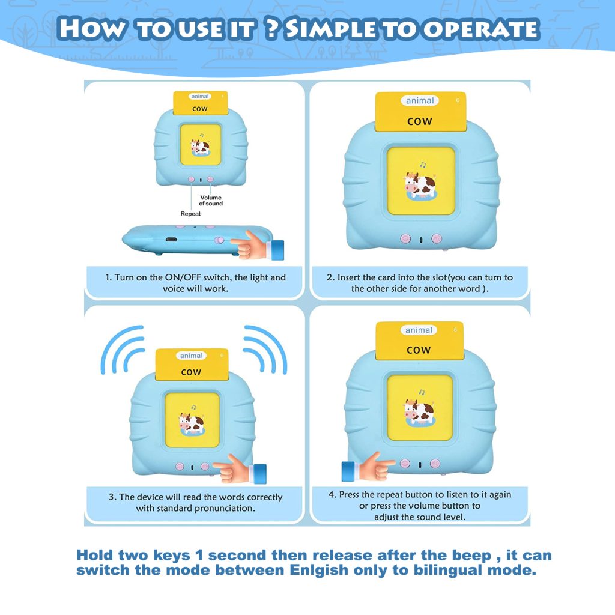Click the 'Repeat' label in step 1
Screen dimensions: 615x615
point(190,214)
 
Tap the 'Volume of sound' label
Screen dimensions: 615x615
point(211,201)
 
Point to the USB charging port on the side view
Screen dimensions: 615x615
point(171,239)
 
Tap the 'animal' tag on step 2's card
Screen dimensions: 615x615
point(420,101)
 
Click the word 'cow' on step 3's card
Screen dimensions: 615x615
point(191,372)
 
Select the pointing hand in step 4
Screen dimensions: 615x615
point(368,467)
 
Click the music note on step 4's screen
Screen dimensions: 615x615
point(422,392)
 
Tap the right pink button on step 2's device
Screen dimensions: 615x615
point(437,238)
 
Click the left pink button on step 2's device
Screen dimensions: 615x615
point(405,238)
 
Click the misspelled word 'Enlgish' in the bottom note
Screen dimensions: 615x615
point(319,570)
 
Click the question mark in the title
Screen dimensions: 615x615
point(272,29)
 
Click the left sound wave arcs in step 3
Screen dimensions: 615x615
point(123,349)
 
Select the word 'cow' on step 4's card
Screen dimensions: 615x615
point(419,350)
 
